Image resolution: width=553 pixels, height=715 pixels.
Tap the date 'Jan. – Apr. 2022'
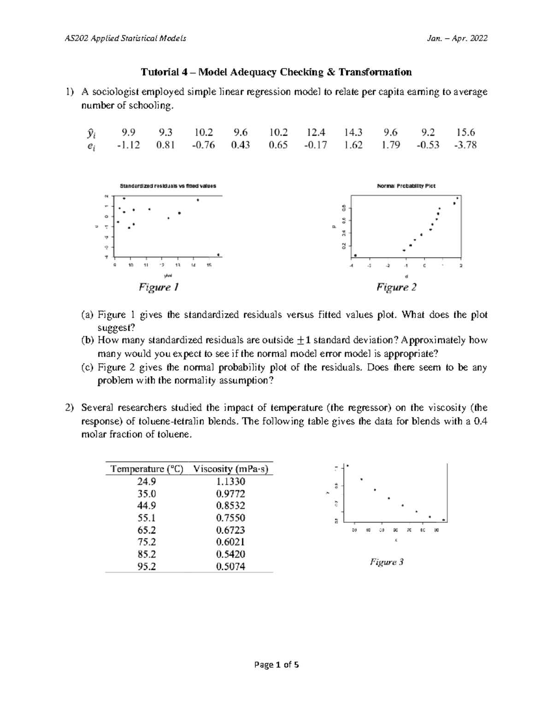point(457,38)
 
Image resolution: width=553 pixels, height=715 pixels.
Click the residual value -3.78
point(465,145)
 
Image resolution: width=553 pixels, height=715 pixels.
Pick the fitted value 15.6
point(465,133)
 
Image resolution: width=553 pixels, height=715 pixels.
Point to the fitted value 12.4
point(316,133)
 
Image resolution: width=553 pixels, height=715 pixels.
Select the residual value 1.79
point(390,145)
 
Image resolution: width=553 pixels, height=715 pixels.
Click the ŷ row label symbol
point(92,133)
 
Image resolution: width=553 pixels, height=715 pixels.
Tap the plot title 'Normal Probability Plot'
point(406,186)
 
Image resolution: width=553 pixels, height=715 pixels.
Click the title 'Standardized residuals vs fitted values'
point(168,186)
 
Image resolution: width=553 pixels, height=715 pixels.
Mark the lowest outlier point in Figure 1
point(218,255)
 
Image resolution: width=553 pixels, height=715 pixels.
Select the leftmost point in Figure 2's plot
point(355,255)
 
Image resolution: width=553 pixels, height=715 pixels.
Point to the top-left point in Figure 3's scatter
point(347,465)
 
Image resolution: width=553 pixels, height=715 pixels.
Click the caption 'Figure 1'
point(159,288)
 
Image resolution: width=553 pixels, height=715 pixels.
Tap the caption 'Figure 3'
point(387,562)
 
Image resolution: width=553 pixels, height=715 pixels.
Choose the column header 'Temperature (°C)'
point(147,469)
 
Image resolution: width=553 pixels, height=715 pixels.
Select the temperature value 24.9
point(147,482)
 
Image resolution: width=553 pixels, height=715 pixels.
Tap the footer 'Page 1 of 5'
point(276,664)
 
